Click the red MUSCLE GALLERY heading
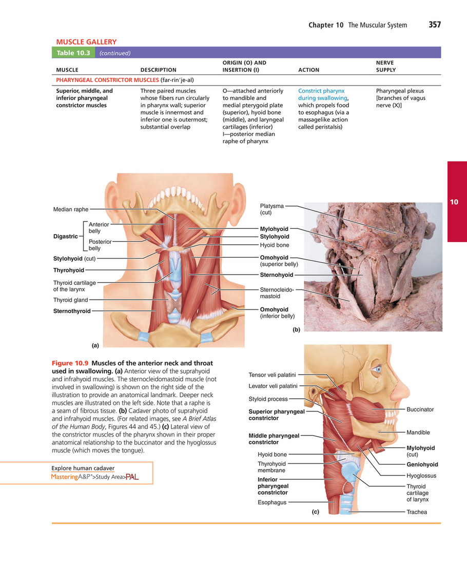click(x=86, y=42)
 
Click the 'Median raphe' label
click(x=71, y=209)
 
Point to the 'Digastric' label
click(x=65, y=237)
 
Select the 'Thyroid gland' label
click(x=70, y=300)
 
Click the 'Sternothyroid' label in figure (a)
click(x=72, y=311)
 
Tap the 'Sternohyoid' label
click(x=277, y=275)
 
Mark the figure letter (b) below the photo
click(x=296, y=330)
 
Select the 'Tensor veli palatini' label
click(x=273, y=375)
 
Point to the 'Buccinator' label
click(x=420, y=410)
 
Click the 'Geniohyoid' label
click(x=422, y=464)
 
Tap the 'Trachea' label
click(x=417, y=512)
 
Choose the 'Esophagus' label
click(x=272, y=502)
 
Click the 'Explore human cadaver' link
click(x=83, y=468)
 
